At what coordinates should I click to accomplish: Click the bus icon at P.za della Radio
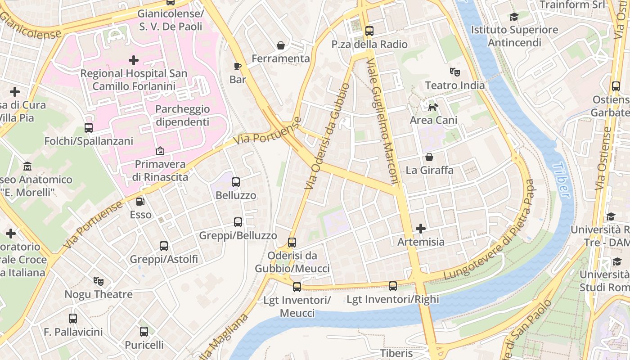[369, 31]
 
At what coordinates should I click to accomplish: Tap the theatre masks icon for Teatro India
[455, 72]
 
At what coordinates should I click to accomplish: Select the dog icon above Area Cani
[433, 107]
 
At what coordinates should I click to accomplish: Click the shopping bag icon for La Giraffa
[429, 157]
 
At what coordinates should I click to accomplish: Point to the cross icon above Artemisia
[421, 229]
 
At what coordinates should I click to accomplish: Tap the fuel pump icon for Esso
[141, 202]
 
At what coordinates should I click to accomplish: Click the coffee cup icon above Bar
[238, 67]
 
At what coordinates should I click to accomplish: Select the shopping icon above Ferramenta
[281, 45]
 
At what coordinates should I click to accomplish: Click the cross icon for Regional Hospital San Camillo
[134, 60]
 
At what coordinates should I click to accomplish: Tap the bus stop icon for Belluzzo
[236, 182]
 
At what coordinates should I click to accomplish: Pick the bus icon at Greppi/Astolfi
[164, 246]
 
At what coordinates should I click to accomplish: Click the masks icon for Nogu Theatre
[99, 281]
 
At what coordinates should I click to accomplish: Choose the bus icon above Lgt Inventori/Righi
[393, 286]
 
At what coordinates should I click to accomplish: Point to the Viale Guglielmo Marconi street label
[383, 121]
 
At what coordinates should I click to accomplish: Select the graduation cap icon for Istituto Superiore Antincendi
[514, 17]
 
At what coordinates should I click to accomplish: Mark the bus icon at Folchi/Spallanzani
[89, 128]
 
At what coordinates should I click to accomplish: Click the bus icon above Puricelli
[144, 332]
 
